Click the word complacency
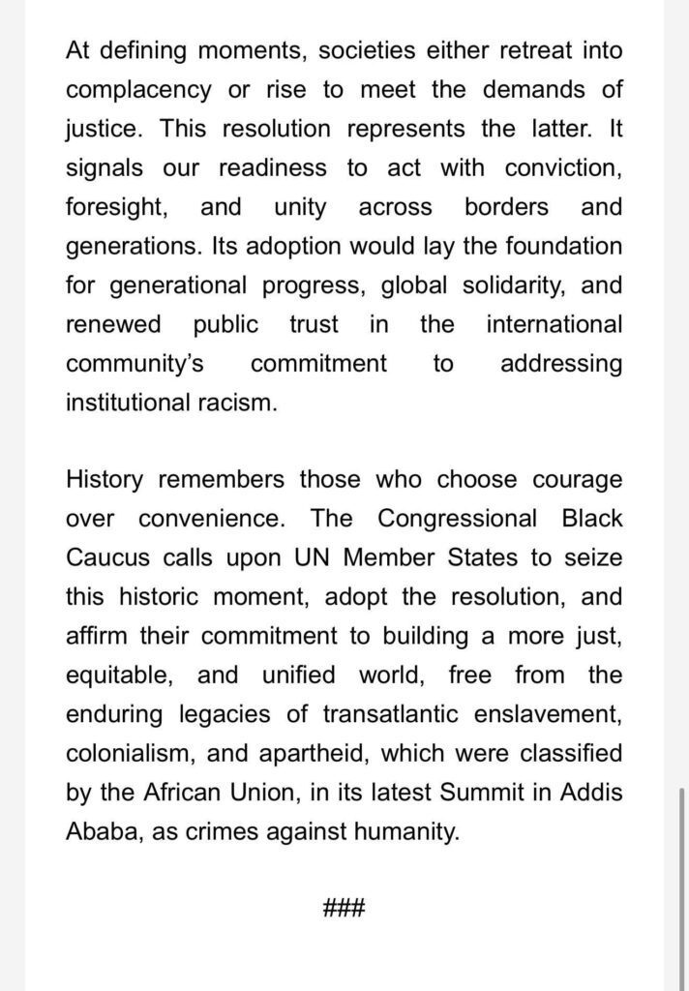click(138, 90)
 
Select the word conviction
click(563, 167)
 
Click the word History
click(106, 480)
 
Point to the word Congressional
click(457, 519)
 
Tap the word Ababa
click(103, 831)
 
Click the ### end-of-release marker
click(344, 909)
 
